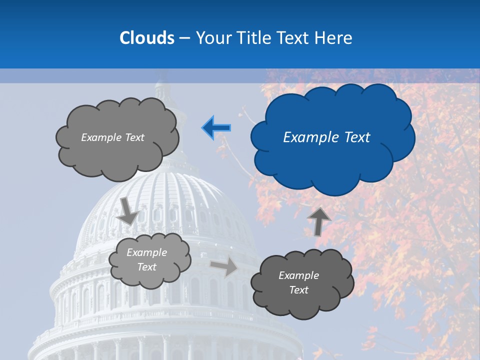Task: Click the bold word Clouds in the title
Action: click(147, 38)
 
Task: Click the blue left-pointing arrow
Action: click(216, 128)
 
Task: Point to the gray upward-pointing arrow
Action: click(319, 221)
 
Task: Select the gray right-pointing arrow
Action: click(224, 266)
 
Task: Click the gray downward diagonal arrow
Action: click(128, 210)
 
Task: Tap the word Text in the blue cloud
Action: click(357, 137)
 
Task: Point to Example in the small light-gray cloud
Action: click(146, 252)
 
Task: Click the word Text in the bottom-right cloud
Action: click(298, 290)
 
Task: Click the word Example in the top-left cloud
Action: click(101, 137)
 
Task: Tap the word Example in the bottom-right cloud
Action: click(298, 275)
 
